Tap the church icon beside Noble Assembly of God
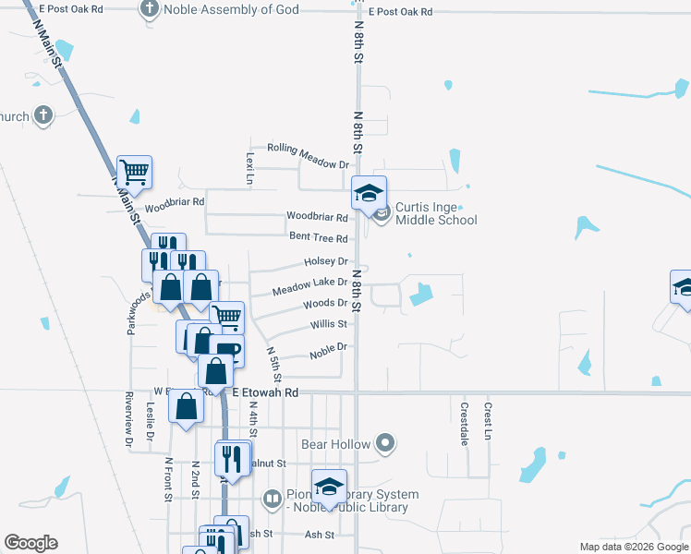click(x=149, y=10)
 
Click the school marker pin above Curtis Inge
click(x=368, y=194)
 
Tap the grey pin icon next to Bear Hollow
click(x=386, y=444)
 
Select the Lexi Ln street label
click(x=249, y=168)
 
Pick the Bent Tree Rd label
click(x=318, y=237)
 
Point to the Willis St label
click(x=329, y=324)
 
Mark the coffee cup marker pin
click(x=225, y=351)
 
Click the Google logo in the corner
click(x=30, y=543)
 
